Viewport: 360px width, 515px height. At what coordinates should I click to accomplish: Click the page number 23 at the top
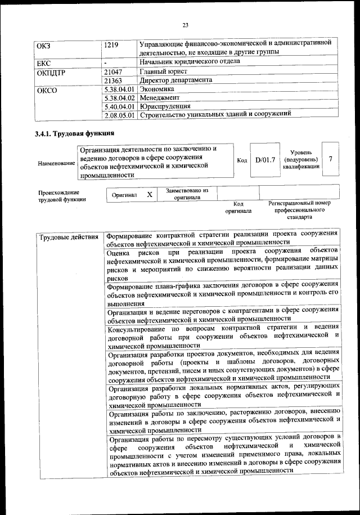[x=185, y=24]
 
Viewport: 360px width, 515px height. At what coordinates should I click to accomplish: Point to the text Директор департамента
[x=176, y=80]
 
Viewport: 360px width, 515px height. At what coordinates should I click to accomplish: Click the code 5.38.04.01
[x=119, y=89]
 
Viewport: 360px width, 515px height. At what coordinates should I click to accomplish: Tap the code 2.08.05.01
[x=119, y=115]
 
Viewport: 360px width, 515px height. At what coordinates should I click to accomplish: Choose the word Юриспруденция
[x=165, y=106]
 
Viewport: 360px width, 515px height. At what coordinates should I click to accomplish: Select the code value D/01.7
[x=265, y=160]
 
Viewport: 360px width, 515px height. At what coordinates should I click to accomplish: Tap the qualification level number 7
[x=331, y=159]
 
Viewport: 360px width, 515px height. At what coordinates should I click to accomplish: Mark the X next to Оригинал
[x=149, y=194]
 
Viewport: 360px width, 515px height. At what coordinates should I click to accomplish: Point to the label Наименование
[x=56, y=163]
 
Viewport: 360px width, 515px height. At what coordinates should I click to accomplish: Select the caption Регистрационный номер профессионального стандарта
[x=299, y=209]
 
